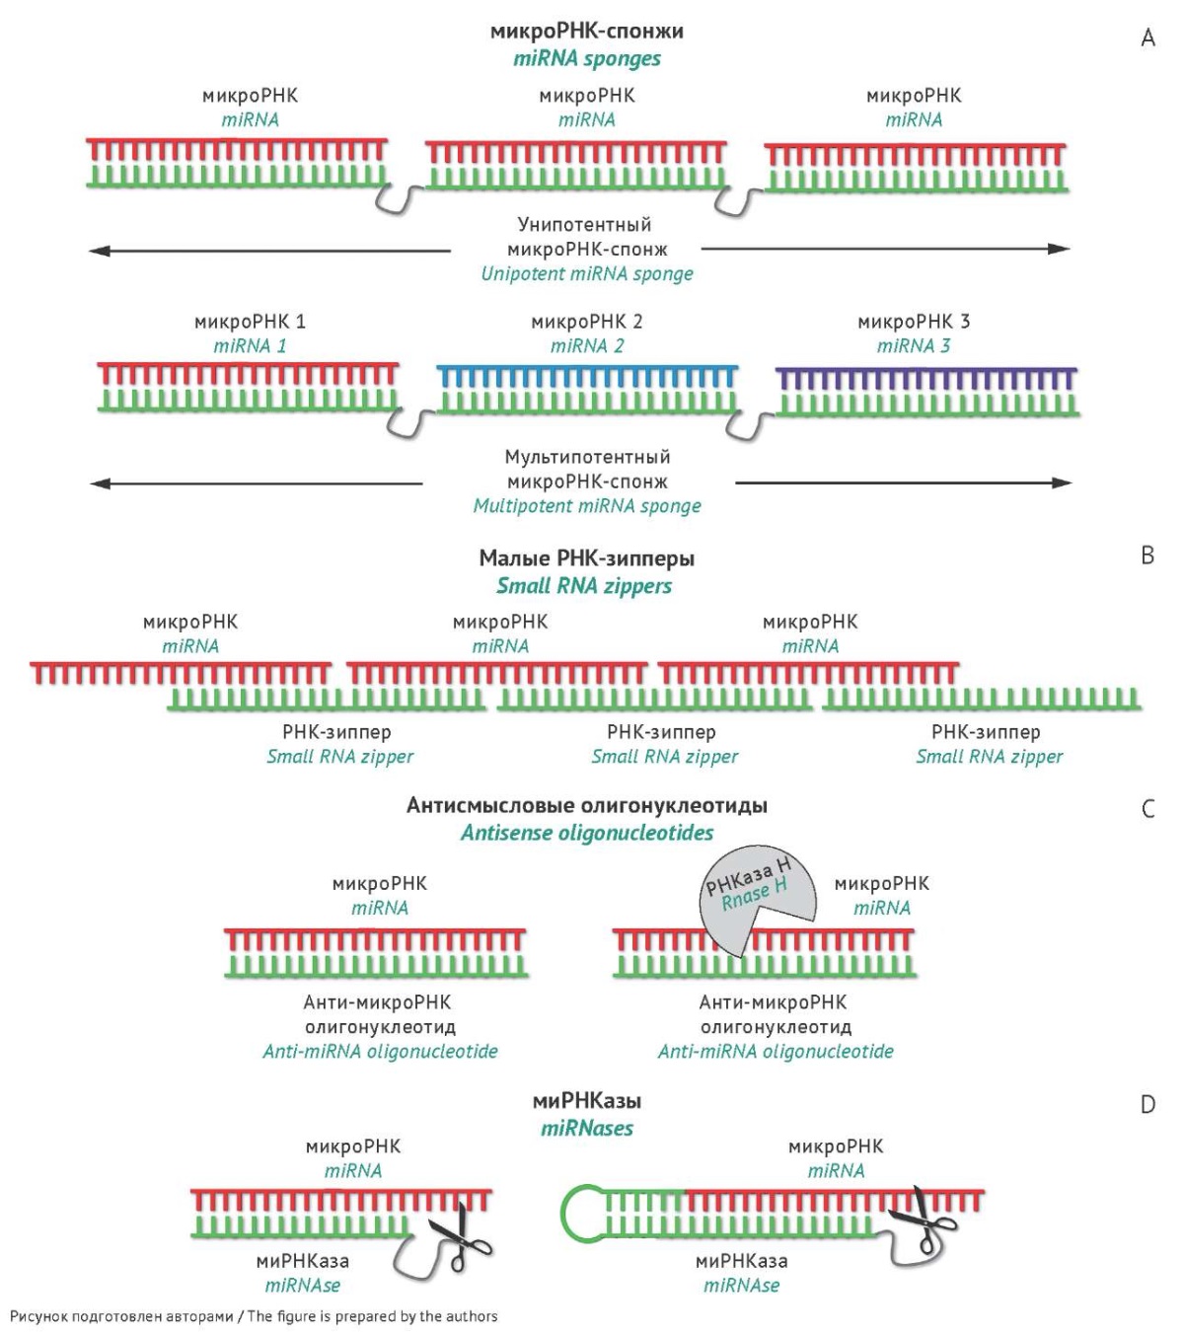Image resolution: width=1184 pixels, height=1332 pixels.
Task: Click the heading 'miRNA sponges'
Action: point(586,59)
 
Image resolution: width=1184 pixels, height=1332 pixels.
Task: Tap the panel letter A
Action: point(1147,38)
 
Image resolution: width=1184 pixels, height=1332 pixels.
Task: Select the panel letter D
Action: point(1147,1105)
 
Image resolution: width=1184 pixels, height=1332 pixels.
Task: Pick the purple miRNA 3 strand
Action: point(926,379)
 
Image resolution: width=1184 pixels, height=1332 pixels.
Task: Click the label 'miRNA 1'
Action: point(250,345)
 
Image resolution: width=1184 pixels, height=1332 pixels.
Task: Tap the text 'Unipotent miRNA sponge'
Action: point(586,274)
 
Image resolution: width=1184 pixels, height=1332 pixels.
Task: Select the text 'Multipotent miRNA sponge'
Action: point(586,506)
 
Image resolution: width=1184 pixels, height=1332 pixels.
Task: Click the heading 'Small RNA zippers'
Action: point(584,586)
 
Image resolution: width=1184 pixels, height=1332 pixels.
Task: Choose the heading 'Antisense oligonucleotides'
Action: point(586,833)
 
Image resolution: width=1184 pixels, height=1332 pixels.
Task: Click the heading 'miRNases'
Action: point(586,1129)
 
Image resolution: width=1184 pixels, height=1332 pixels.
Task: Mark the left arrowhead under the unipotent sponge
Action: point(99,251)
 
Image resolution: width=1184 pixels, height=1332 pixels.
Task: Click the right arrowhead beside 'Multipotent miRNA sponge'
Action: point(1061,483)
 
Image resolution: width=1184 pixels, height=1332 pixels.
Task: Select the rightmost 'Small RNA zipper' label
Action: point(989,757)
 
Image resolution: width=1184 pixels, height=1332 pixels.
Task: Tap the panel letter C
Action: point(1147,809)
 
